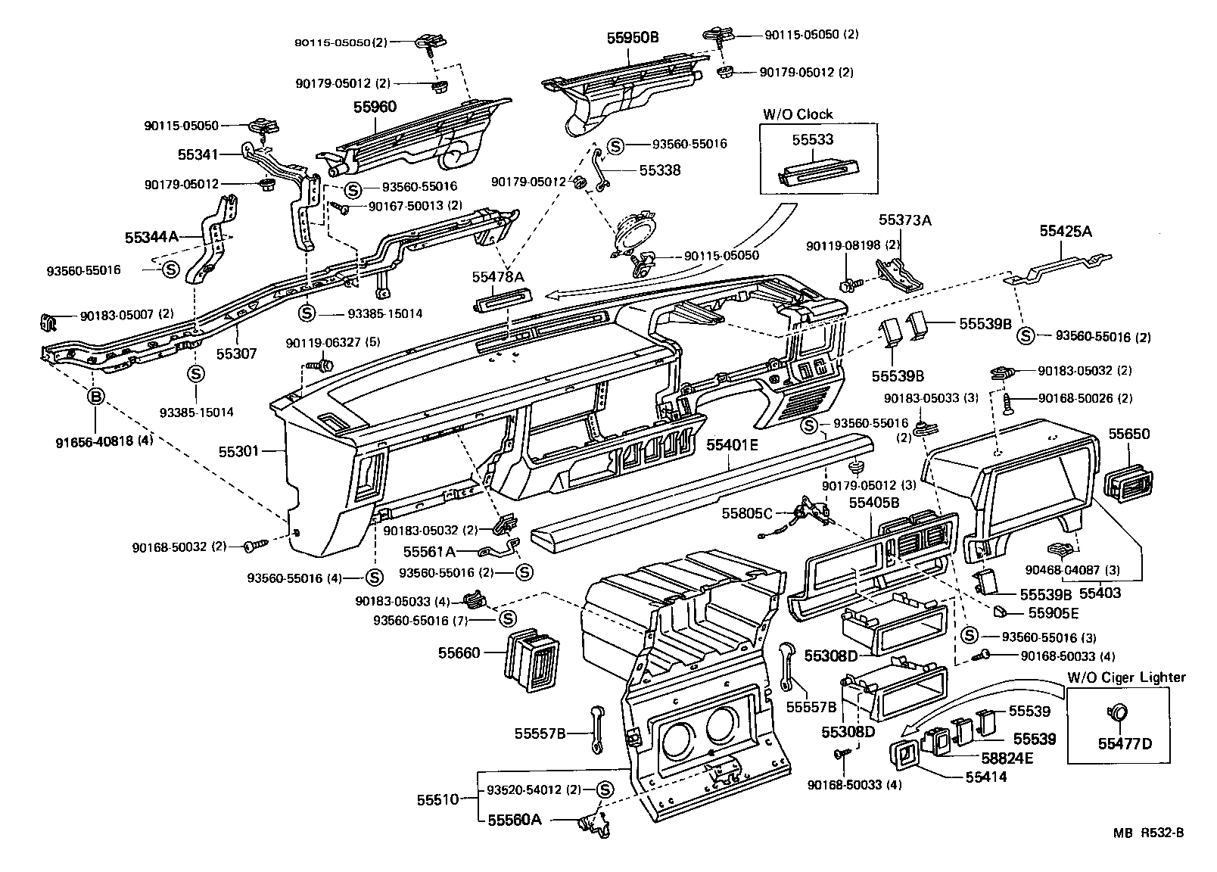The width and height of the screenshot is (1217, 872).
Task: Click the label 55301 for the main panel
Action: click(x=239, y=451)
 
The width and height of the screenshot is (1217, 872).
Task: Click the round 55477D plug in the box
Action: click(x=1119, y=713)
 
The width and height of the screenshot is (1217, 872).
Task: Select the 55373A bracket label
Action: click(x=904, y=220)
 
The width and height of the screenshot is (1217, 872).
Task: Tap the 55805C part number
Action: click(x=747, y=512)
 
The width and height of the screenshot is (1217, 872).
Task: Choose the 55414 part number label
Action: click(x=985, y=777)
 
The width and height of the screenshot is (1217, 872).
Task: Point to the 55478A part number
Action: click(x=498, y=277)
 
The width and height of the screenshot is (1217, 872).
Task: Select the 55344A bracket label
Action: click(x=151, y=237)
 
